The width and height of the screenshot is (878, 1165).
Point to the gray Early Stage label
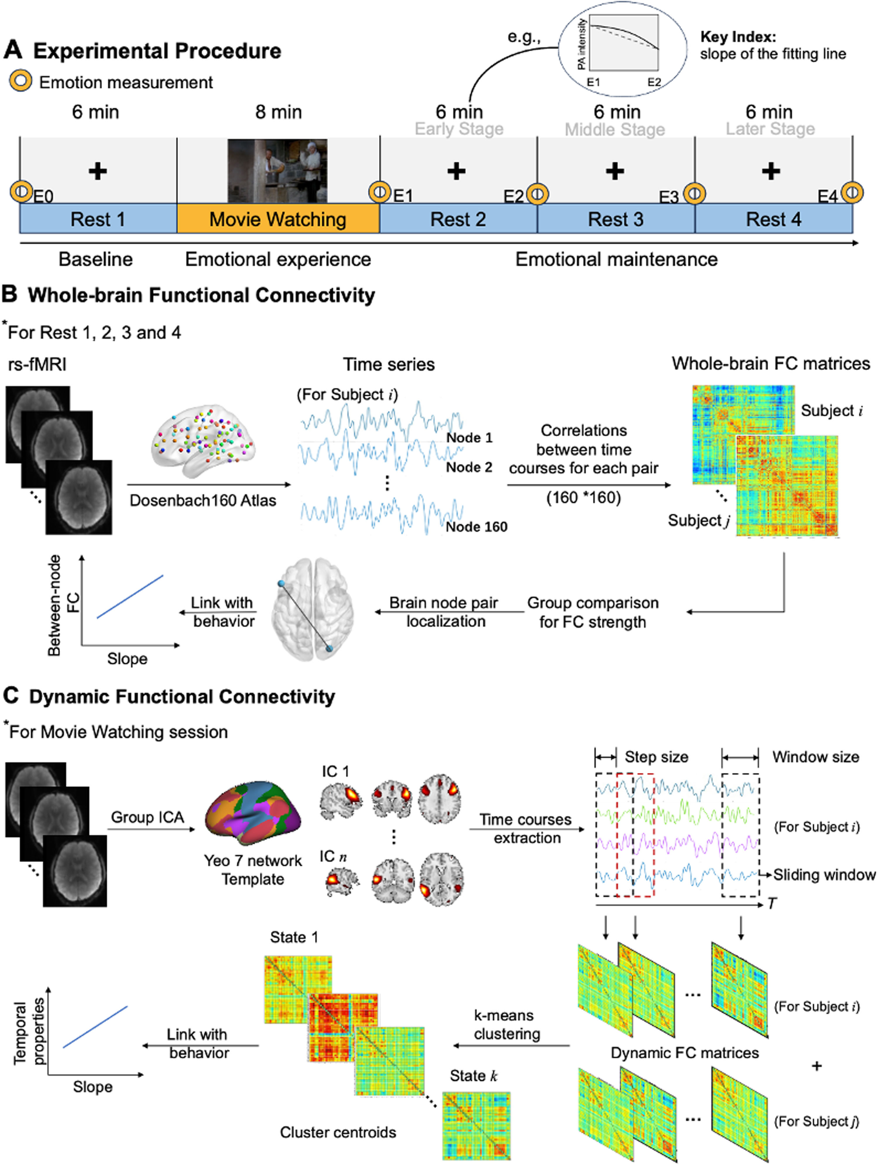point(459,129)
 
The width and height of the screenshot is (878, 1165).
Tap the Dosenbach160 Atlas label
point(203,500)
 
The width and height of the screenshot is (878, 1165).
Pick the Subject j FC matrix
point(787,486)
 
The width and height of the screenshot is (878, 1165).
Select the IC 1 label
point(335,772)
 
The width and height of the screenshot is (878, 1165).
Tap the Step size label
point(656,757)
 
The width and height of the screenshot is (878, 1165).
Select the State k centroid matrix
point(476,1124)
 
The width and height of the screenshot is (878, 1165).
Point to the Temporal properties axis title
point(29,1033)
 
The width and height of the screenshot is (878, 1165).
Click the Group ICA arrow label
point(148,817)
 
